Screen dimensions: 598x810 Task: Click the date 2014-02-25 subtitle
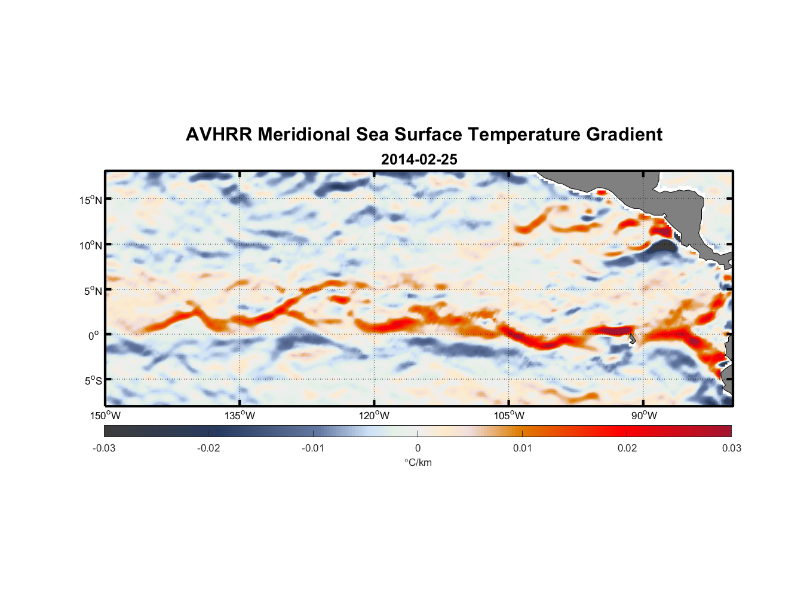click(419, 160)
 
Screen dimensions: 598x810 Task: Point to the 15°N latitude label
click(91, 200)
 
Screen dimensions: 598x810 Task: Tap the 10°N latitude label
click(91, 245)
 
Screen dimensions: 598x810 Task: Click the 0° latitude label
click(94, 335)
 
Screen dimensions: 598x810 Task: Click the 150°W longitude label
click(106, 416)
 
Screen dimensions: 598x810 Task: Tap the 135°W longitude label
click(240, 416)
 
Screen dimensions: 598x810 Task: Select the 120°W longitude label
click(375, 416)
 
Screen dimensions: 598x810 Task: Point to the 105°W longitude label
click(509, 416)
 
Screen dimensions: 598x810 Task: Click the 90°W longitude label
click(644, 416)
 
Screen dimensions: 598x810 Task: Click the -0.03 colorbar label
click(104, 448)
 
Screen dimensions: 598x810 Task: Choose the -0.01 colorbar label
click(313, 448)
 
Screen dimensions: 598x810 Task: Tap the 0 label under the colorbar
click(418, 448)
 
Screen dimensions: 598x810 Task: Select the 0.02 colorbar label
click(627, 448)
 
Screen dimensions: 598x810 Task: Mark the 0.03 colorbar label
click(731, 448)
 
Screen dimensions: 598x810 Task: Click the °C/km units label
click(418, 462)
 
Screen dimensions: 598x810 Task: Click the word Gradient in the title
click(624, 135)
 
